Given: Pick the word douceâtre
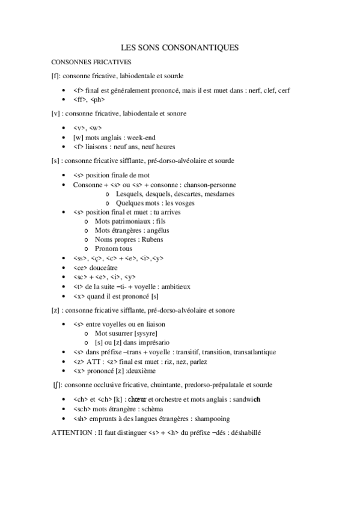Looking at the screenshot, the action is coord(104,268).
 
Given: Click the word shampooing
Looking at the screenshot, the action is coord(209,418).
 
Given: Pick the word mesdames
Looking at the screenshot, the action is coord(219,194).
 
